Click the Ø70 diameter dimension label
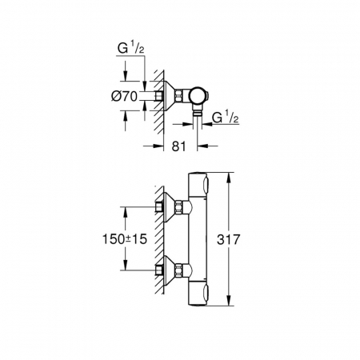click(x=124, y=96)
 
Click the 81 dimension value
click(x=178, y=146)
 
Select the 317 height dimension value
click(x=229, y=239)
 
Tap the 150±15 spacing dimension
click(x=125, y=239)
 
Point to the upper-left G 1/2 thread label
click(x=131, y=49)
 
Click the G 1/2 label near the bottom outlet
click(x=226, y=118)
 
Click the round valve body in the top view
click(x=198, y=96)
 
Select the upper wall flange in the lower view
click(x=170, y=207)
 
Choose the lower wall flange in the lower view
click(x=170, y=270)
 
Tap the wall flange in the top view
click(x=170, y=96)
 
